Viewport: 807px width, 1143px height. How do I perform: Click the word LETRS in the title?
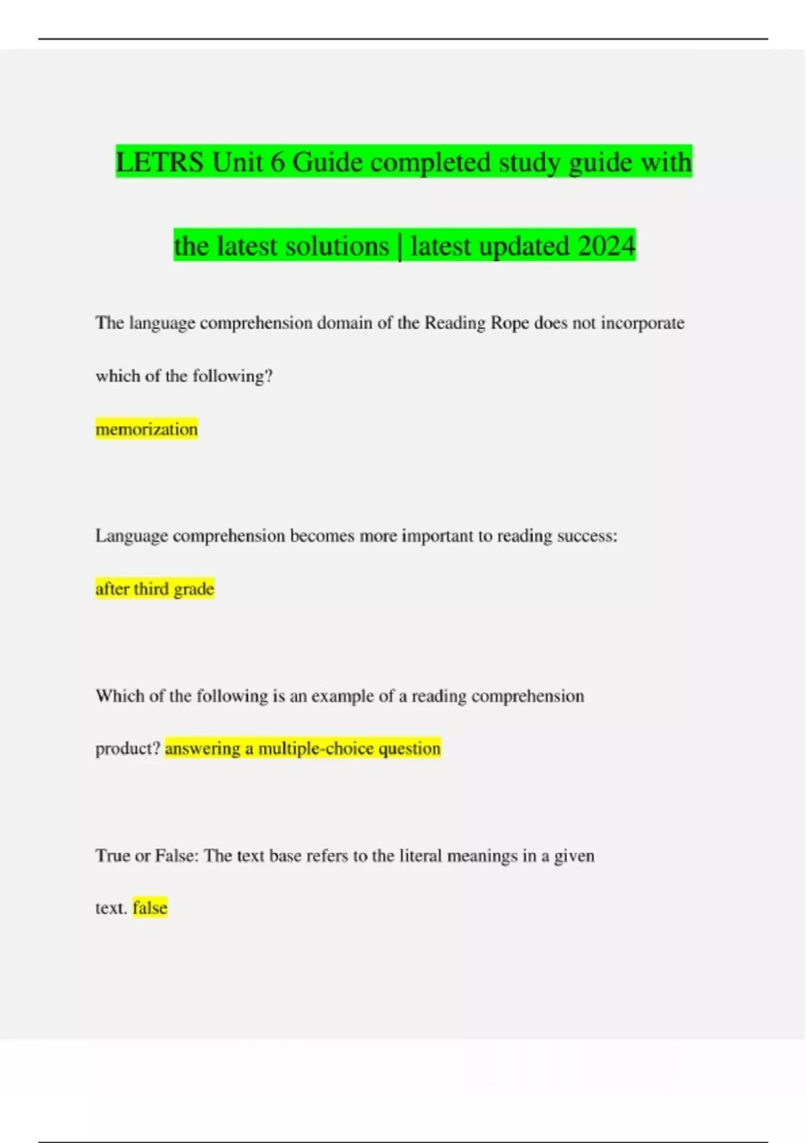(159, 163)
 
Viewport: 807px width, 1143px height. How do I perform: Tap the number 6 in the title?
(277, 163)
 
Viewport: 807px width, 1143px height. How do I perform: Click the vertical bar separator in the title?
(401, 246)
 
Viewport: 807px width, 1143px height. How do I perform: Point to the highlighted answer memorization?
(147, 429)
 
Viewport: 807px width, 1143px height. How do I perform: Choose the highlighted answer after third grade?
(155, 589)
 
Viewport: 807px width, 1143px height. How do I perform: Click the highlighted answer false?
(150, 908)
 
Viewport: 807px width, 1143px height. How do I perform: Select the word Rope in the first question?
(510, 323)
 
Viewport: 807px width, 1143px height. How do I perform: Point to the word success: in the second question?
(587, 536)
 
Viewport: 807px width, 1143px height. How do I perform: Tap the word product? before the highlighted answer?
(128, 748)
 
